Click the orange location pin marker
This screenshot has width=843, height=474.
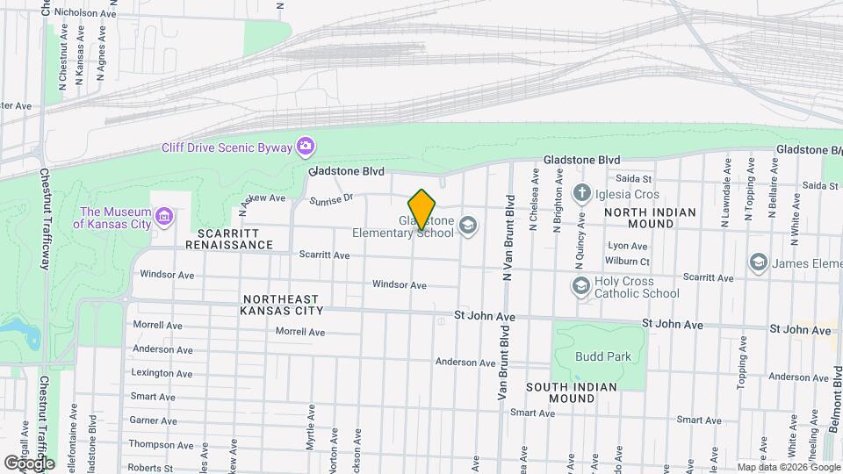point(421,209)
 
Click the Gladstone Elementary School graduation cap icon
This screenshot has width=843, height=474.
point(469,226)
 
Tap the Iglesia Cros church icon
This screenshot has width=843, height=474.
point(580,192)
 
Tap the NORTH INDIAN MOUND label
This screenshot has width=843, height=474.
point(651,218)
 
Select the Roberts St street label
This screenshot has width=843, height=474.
point(149,469)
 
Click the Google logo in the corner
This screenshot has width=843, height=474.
point(29,463)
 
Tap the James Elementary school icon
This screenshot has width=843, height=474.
point(757,262)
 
